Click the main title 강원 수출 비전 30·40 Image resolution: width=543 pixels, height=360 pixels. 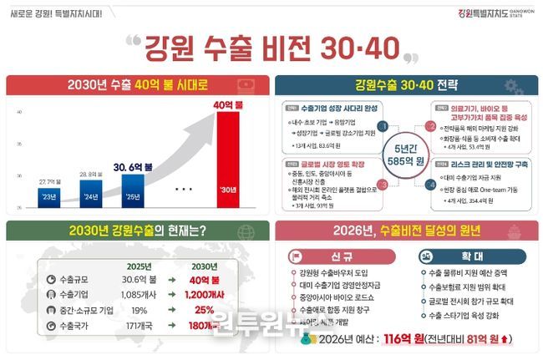(271, 47)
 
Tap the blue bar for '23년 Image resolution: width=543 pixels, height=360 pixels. (48, 197)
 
